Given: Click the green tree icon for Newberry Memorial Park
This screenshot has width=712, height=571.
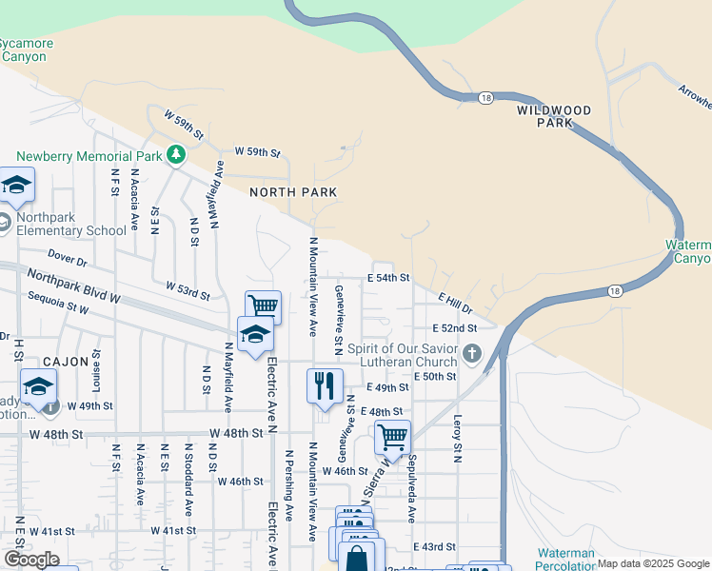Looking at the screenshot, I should pos(175,153).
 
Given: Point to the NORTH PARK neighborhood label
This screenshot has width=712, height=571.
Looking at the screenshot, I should pos(293,192).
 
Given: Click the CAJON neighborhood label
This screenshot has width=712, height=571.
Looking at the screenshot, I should pos(66,362).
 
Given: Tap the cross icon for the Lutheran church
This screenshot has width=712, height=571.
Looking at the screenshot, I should pos(472,355).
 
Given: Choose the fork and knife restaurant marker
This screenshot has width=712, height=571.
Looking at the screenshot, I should pos(324,386).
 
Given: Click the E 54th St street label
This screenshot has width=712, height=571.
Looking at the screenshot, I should pos(388,278).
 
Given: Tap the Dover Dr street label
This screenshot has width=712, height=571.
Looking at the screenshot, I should pos(67,258).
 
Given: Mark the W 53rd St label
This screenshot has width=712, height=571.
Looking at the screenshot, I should pos(187,288).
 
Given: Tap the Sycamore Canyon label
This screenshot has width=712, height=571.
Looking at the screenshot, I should pos(26,49).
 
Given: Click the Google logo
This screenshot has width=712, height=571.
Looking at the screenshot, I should pos(31,560).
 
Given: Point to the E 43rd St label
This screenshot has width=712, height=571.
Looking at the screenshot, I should pos(435,547).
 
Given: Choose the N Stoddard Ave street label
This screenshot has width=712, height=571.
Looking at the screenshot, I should pos(188,474).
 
